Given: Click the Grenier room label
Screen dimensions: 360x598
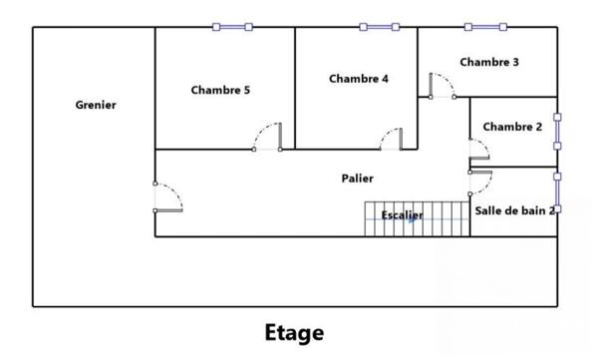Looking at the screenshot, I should point(97,105).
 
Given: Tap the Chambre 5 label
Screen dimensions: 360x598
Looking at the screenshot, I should point(220,90).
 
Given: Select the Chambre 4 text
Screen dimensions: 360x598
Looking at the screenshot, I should point(358,79).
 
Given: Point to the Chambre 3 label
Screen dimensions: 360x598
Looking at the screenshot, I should point(488,62).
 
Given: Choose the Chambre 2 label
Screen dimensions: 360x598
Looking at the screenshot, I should point(512,127).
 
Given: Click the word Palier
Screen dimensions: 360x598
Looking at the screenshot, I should point(357,179).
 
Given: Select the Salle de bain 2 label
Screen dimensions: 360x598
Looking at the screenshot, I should point(514,209).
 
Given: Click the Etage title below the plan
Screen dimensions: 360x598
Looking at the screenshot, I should point(294,331).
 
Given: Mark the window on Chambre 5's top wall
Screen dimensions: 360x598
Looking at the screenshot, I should point(232,27).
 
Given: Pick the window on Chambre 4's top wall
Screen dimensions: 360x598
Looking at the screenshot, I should point(379,27).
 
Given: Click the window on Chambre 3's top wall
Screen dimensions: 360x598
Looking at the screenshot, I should point(484,27).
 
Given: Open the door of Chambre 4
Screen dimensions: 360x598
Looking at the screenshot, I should point(391,138).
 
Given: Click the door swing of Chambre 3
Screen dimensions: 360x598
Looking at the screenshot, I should point(442,85).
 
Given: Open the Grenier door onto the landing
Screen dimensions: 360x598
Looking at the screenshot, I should point(167,197).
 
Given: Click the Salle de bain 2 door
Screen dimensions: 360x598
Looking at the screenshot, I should point(480,182).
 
